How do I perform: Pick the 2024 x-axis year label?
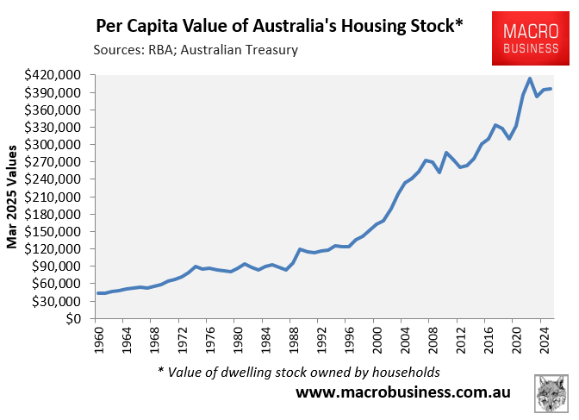(545, 339)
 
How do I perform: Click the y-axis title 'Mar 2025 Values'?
(14, 197)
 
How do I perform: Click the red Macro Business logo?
(531, 40)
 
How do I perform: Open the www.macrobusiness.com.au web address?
(402, 392)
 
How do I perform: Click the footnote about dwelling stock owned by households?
(299, 372)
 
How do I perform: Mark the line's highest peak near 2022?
(530, 78)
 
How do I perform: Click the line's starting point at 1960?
(98, 293)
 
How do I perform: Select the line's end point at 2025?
(551, 89)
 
